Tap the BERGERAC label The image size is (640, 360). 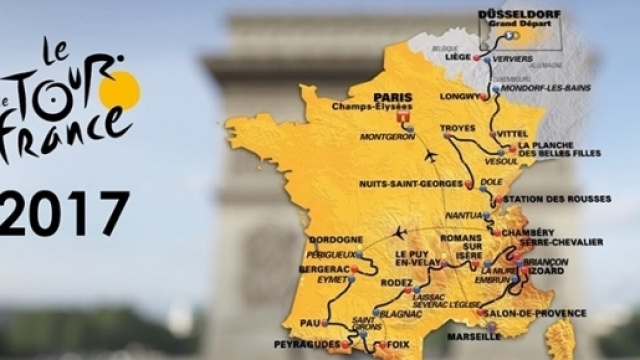coord(303,270)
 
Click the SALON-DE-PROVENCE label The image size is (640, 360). coord(539,313)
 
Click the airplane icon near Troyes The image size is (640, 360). coord(431,157)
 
